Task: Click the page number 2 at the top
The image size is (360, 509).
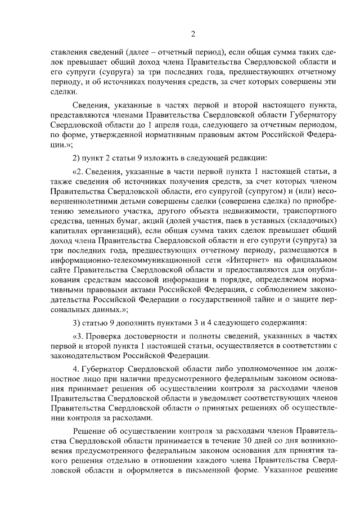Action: (192, 33)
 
